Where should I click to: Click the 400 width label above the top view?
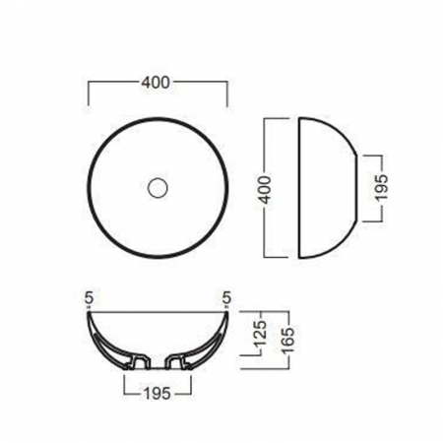(x=156, y=83)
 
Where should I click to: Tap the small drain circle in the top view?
(x=158, y=188)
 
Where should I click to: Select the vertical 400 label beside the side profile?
(x=266, y=190)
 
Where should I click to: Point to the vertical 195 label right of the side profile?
(x=382, y=187)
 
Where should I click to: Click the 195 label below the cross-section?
(x=158, y=394)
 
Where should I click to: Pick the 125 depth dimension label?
(x=261, y=334)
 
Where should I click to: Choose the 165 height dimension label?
(x=288, y=340)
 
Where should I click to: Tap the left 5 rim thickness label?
(x=89, y=298)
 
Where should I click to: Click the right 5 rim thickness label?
(x=227, y=298)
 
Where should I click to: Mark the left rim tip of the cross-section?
(x=89, y=312)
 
